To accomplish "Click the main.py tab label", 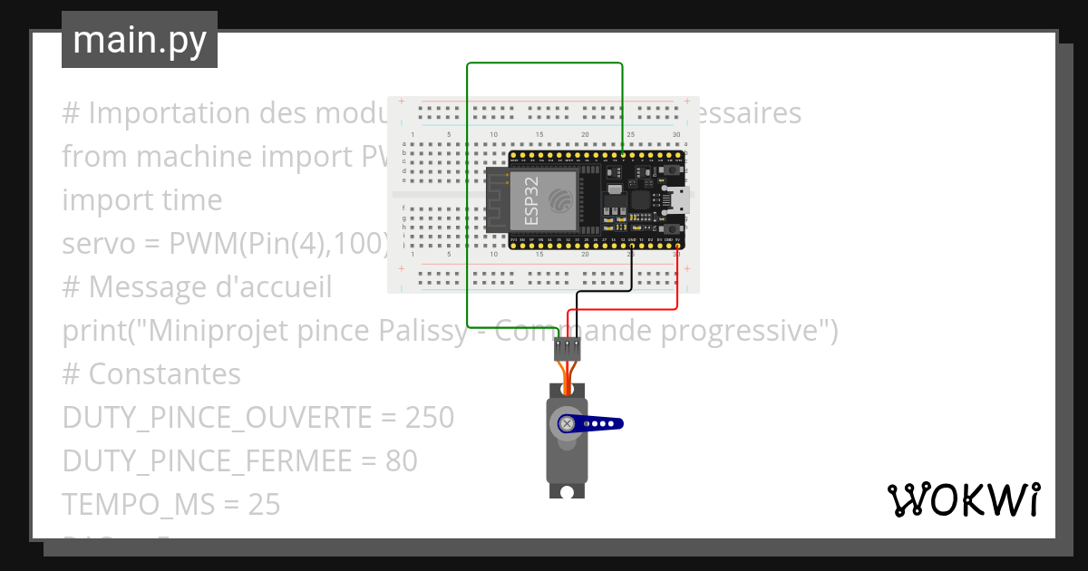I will click(x=139, y=40).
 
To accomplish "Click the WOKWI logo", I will click(x=963, y=499).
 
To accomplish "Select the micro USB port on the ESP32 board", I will click(x=679, y=200).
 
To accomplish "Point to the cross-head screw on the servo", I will click(x=568, y=423).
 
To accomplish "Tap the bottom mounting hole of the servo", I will click(x=568, y=491).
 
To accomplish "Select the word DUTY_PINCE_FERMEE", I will click(x=206, y=461).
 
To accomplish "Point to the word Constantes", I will click(x=165, y=374).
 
